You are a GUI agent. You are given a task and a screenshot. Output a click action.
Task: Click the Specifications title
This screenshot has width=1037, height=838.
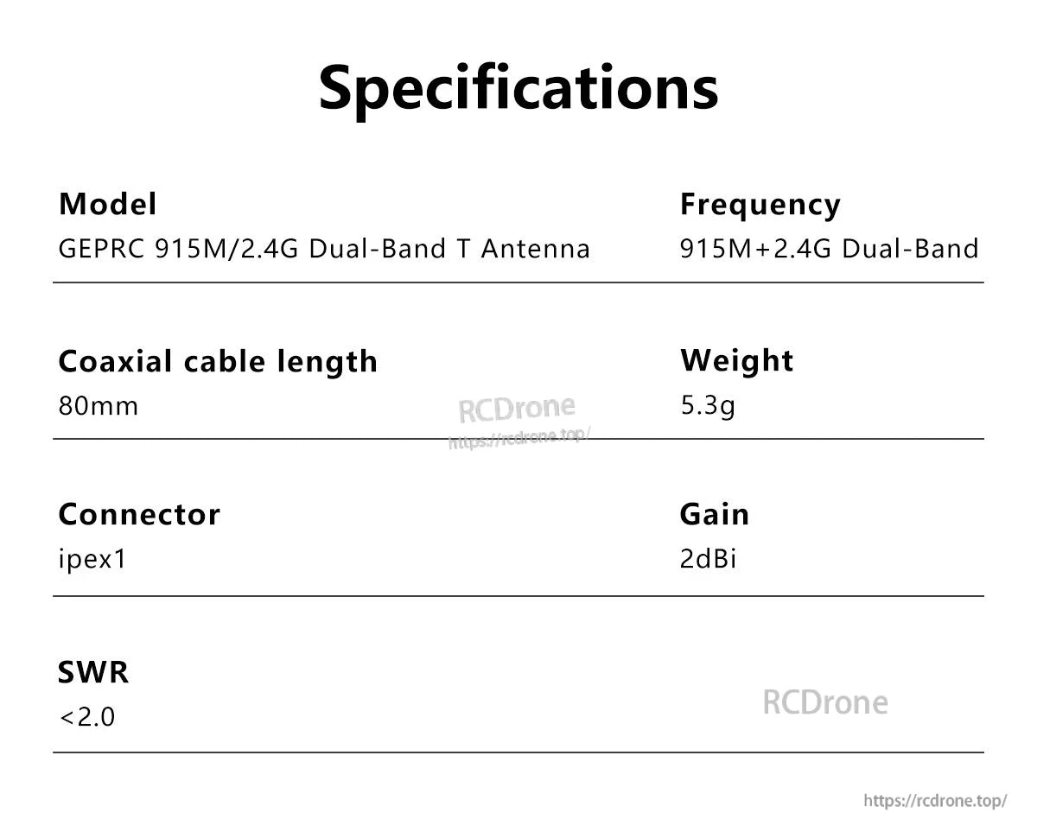point(518,86)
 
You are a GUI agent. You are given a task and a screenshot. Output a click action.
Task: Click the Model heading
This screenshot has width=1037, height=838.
point(107,205)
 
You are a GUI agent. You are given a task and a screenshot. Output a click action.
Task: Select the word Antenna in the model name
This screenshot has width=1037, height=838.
point(535,250)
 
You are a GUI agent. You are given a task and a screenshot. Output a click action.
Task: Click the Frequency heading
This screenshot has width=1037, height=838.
point(760,205)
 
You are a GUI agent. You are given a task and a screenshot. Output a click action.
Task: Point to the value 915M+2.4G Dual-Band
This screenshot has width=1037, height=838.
point(829,250)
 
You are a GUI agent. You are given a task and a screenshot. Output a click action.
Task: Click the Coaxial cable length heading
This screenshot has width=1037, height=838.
point(218,361)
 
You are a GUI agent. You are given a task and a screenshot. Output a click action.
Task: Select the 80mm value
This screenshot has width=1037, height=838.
point(98,406)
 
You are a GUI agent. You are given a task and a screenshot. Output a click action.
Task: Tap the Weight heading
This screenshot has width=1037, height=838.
point(736,360)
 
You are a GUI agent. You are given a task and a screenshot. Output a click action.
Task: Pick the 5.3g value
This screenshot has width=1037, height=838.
point(708,405)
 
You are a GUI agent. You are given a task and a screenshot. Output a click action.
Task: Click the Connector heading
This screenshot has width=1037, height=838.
point(139,515)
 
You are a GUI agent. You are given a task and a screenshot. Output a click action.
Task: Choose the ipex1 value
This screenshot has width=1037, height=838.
point(92,560)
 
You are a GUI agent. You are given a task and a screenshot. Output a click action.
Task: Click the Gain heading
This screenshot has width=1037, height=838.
point(715,515)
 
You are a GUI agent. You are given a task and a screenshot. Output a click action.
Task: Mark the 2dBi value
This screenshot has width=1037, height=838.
point(708,560)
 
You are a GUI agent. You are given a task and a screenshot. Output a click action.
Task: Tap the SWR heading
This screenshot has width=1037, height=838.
point(93,671)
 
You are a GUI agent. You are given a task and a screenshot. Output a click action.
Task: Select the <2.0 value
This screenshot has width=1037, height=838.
point(86,717)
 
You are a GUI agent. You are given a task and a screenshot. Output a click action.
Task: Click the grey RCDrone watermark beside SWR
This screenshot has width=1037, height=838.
point(824,702)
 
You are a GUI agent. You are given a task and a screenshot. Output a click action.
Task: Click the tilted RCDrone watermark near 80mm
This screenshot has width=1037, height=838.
point(516,408)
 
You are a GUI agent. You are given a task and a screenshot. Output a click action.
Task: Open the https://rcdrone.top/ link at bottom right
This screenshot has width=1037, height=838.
point(935,801)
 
